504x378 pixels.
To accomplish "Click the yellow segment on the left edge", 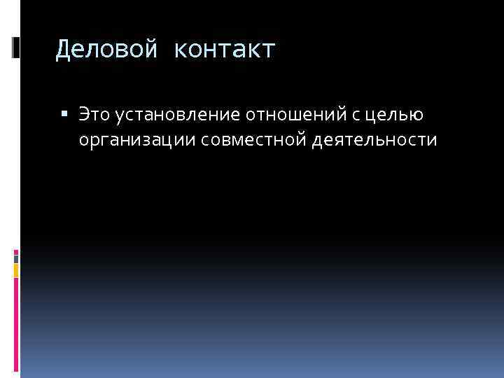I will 16,269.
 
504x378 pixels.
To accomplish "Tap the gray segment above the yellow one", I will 16,257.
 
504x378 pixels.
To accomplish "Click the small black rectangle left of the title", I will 15,48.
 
